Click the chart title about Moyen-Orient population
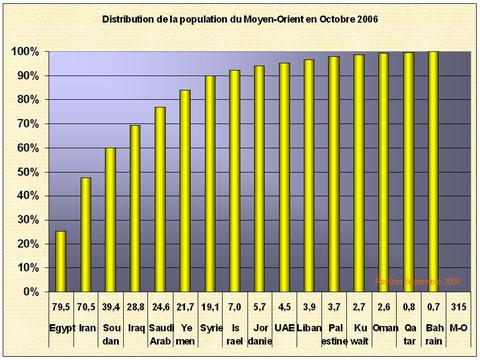click(240, 19)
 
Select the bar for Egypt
click(61, 261)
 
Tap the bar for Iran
click(87, 235)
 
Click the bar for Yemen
click(185, 190)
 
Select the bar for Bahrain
click(433, 171)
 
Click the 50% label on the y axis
click(27, 172)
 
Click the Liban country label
click(309, 327)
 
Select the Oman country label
click(383, 327)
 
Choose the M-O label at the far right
click(457, 327)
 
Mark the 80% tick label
click(27, 100)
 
